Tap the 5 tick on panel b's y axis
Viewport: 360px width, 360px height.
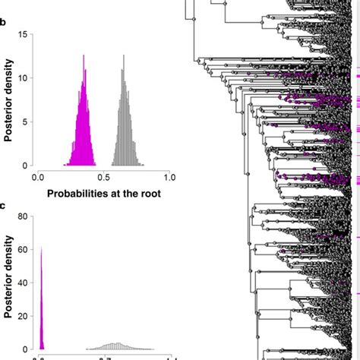(27, 122)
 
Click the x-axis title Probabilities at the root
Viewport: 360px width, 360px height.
(103, 193)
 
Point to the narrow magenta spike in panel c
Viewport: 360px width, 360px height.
(42, 304)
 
